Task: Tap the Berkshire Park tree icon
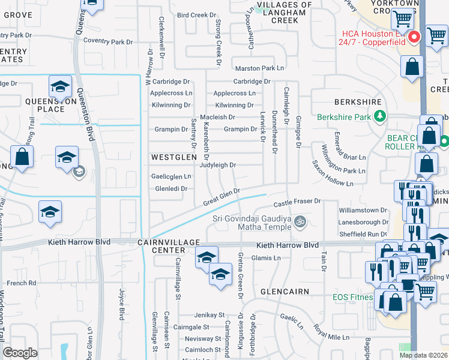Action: coord(379,116)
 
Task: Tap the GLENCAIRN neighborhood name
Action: coord(285,292)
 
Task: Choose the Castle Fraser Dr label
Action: coord(298,202)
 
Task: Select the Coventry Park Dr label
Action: coord(108,42)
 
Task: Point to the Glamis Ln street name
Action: coord(266,258)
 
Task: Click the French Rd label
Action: coord(21,283)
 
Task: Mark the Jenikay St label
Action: coord(208,315)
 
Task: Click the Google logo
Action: coord(20,353)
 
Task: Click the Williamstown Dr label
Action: coord(363,211)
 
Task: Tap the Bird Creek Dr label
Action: coord(196,15)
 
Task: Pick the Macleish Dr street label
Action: coord(217,117)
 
